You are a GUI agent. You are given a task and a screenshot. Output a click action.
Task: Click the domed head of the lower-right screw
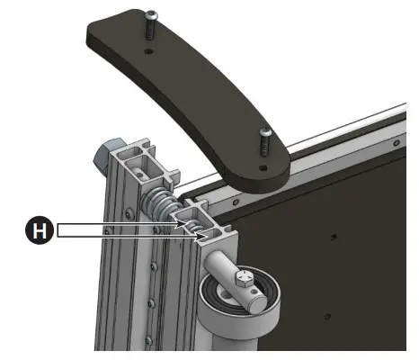pos(265,133)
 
